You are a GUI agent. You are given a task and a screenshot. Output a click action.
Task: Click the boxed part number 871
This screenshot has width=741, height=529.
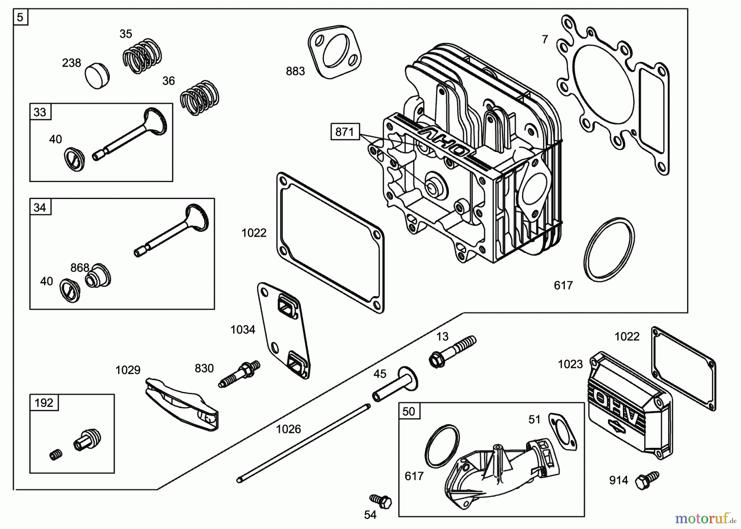[345, 132]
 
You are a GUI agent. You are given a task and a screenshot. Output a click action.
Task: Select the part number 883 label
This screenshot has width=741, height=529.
[295, 71]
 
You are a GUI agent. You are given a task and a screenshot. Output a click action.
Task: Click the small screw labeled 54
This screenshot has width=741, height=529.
[381, 501]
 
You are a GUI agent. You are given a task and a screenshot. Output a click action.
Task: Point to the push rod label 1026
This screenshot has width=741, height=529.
[288, 429]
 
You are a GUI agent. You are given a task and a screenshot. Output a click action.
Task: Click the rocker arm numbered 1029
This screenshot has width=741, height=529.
[181, 404]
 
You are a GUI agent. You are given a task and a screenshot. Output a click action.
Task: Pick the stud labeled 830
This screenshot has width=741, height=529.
[239, 375]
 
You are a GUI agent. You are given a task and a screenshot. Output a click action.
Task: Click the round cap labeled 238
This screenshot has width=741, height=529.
[98, 76]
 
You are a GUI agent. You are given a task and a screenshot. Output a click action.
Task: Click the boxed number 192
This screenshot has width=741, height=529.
[44, 403]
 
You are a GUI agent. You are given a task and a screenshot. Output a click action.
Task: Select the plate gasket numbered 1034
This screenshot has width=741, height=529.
[284, 330]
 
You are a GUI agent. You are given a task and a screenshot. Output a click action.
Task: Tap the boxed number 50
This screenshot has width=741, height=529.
[408, 411]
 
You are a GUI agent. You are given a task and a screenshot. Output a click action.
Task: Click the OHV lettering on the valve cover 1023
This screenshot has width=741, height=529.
[622, 404]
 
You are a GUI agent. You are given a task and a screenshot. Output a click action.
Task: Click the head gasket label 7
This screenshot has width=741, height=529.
[545, 40]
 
